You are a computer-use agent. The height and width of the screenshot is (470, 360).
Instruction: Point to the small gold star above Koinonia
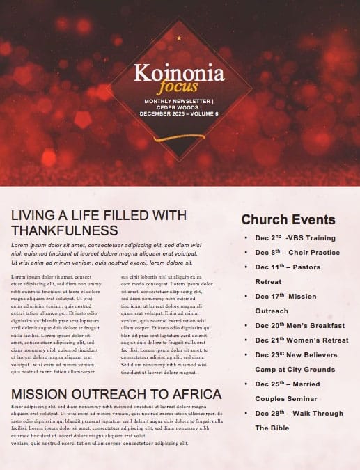click(x=179, y=38)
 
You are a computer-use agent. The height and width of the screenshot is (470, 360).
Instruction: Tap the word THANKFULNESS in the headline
click(x=65, y=230)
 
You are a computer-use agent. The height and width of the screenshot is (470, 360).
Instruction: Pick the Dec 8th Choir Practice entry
click(x=297, y=252)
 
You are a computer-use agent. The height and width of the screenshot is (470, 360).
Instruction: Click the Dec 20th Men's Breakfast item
click(x=299, y=325)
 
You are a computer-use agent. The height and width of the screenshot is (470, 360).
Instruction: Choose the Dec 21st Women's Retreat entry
click(x=302, y=340)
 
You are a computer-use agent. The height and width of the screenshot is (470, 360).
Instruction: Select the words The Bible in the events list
click(x=271, y=428)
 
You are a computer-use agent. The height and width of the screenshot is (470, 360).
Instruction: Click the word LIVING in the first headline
click(x=33, y=214)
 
